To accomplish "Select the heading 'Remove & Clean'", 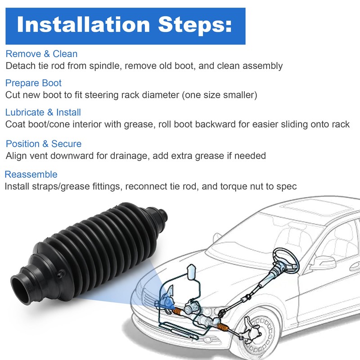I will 41,54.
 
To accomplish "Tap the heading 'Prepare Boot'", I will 33,83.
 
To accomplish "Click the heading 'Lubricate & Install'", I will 43,112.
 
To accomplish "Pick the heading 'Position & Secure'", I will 44,144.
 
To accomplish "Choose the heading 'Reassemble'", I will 31,175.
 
